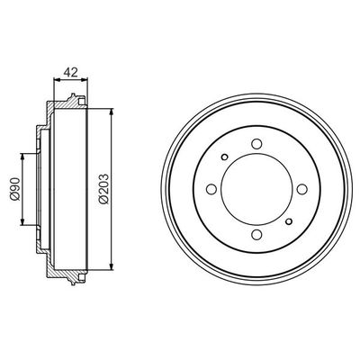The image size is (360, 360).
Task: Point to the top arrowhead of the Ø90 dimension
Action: click(21, 156)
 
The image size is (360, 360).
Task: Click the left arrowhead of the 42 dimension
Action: click(57, 81)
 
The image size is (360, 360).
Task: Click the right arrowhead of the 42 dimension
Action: click(90, 81)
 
